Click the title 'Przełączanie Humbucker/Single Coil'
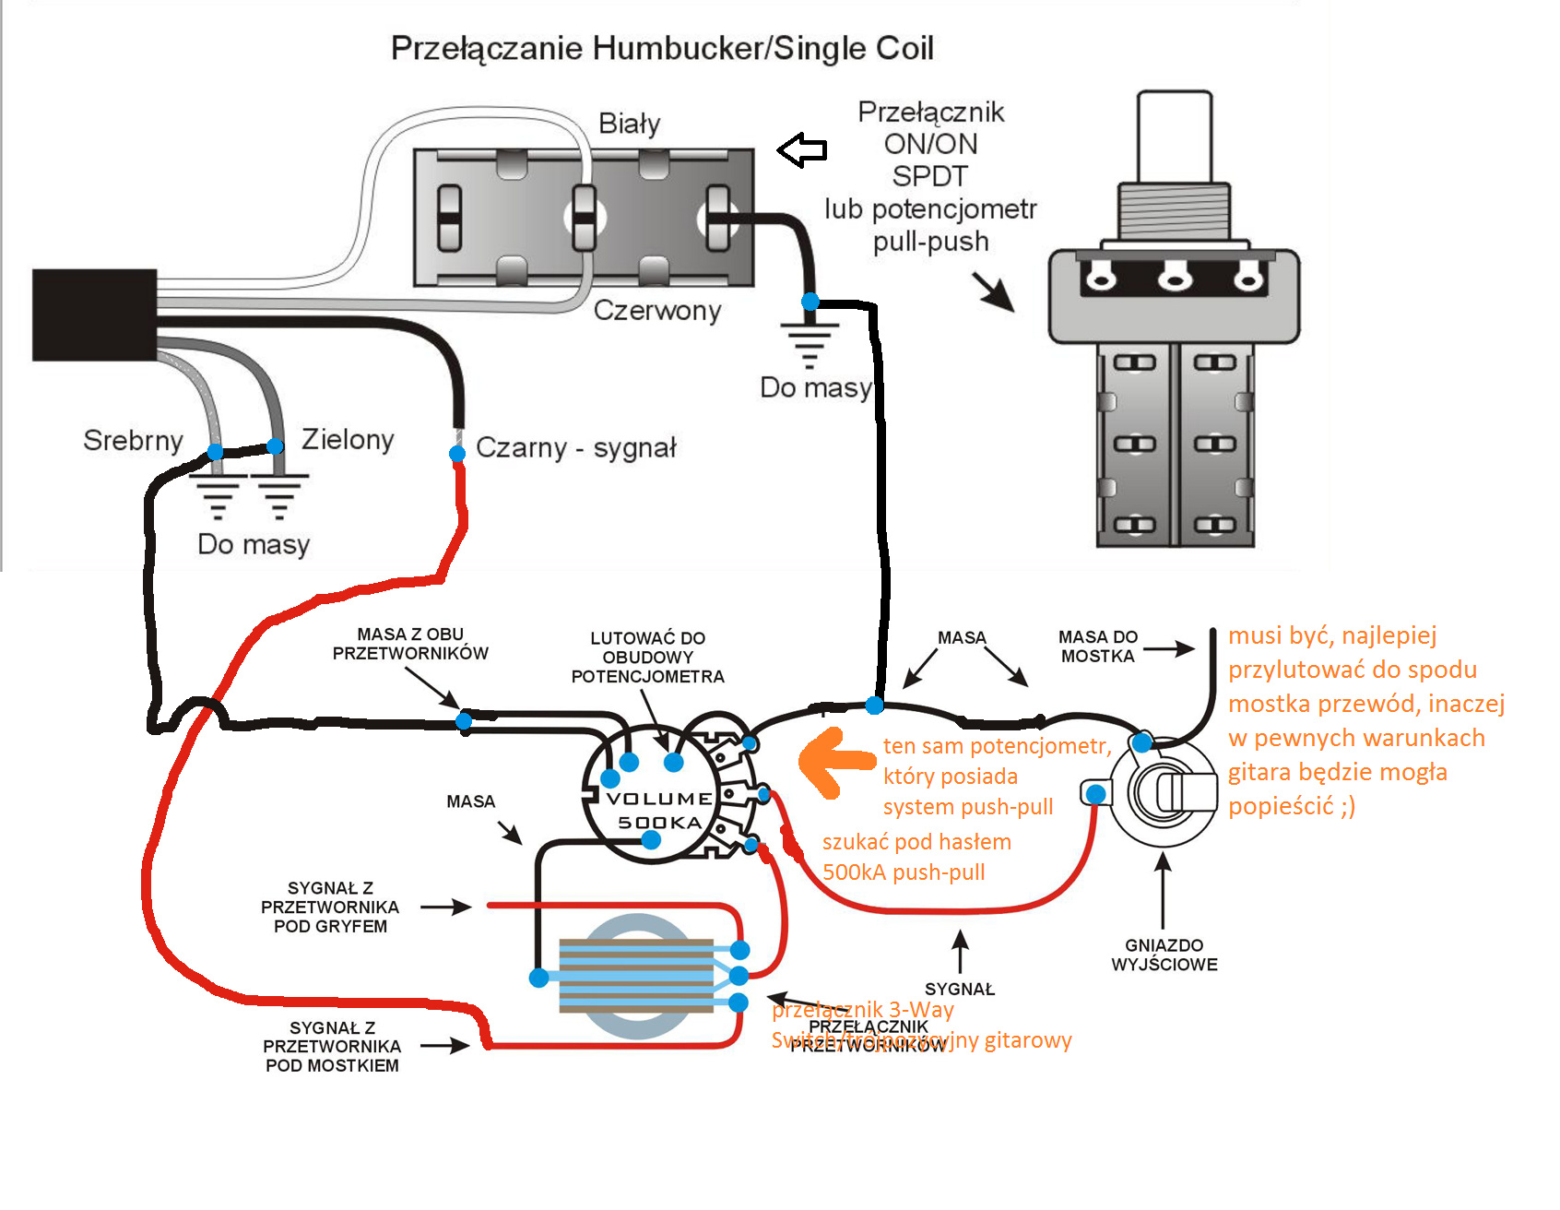[662, 48]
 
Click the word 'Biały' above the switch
[630, 124]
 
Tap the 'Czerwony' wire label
[656, 311]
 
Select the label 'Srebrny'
[133, 441]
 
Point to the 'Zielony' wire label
[348, 440]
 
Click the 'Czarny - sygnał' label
[575, 448]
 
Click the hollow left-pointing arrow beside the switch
[801, 149]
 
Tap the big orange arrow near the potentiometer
[834, 762]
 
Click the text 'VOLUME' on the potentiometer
[658, 799]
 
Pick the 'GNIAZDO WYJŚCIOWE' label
[1164, 955]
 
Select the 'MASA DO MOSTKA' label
[1097, 647]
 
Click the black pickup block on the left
[94, 314]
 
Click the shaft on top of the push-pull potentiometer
[1174, 136]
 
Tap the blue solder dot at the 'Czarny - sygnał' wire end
[457, 454]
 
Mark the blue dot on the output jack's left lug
[1095, 793]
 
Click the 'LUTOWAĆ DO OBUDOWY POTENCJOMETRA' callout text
[647, 658]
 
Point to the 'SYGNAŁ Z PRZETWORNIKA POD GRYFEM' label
[330, 907]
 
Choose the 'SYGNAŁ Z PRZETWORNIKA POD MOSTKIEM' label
[332, 1047]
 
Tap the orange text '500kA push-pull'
[904, 872]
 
